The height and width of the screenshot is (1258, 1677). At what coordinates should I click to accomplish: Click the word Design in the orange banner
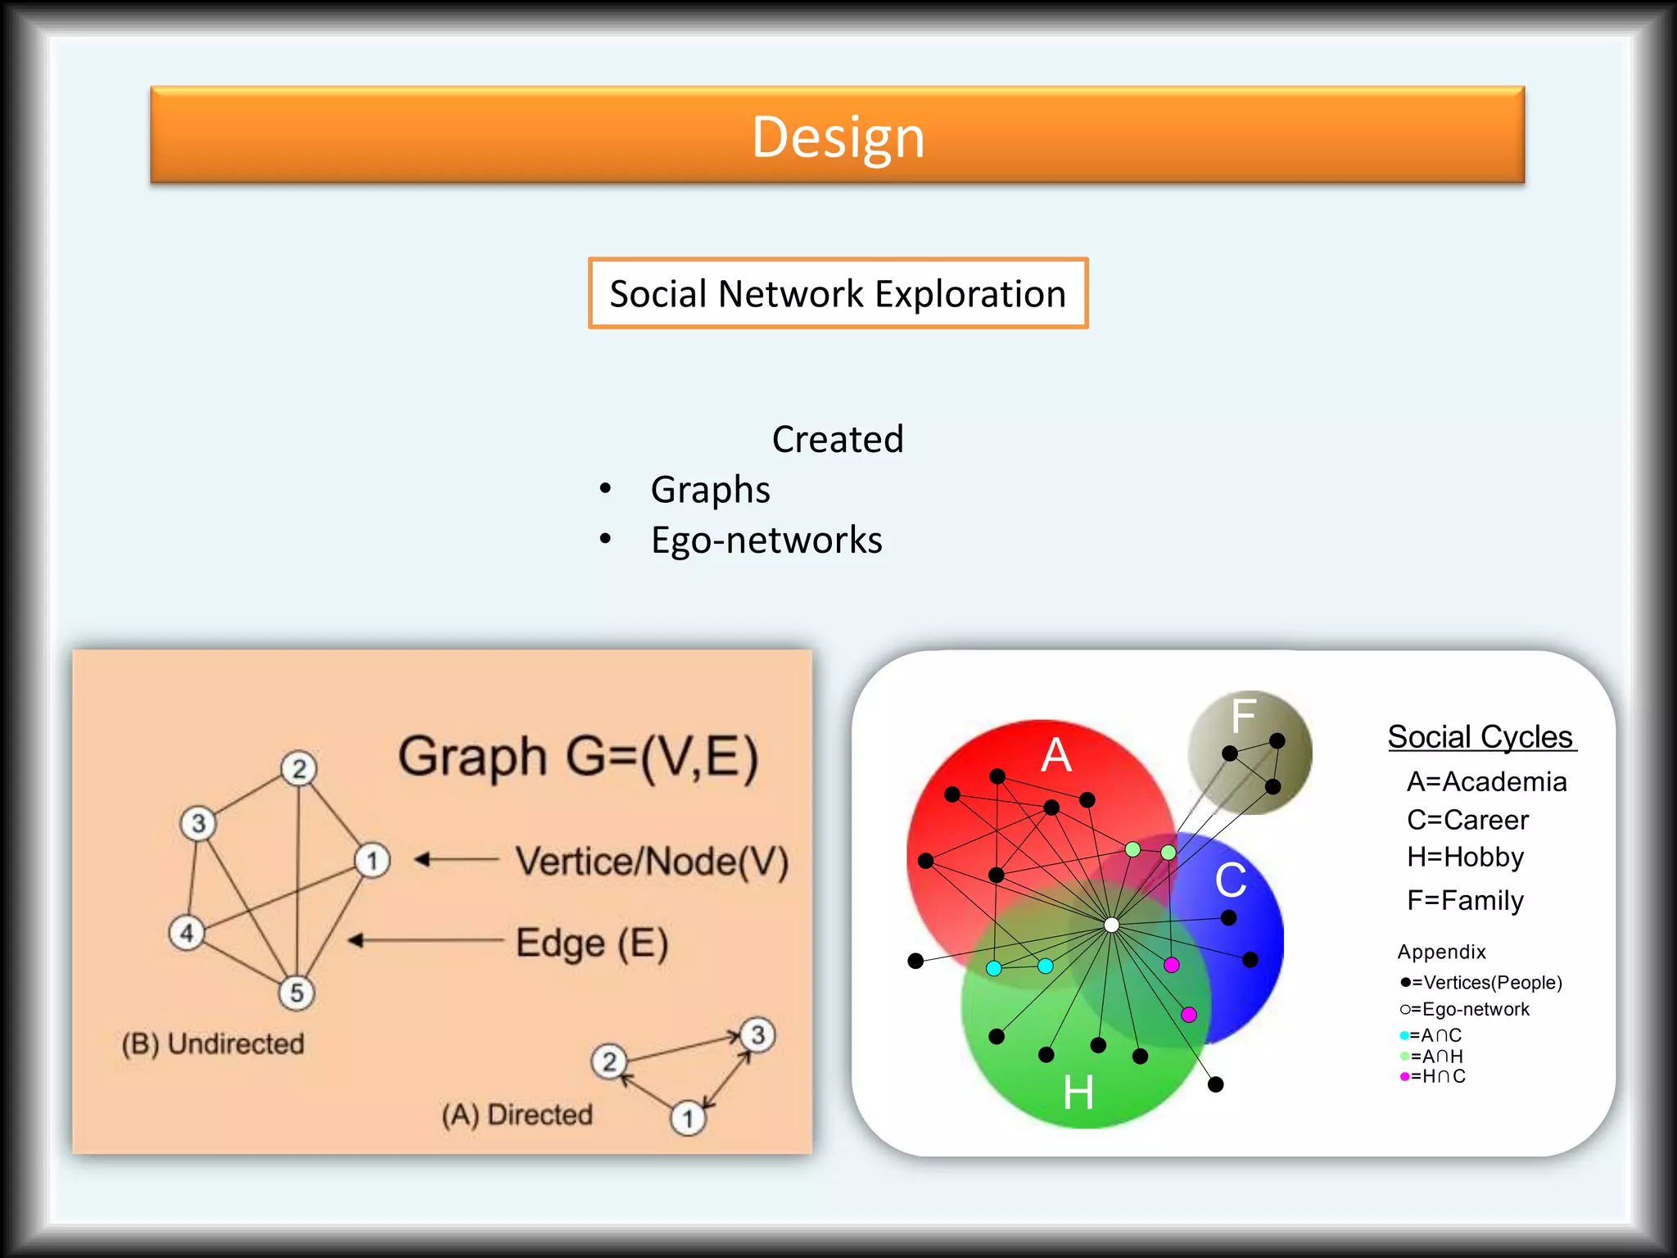[838, 137]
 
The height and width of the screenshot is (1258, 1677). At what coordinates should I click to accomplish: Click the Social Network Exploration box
[838, 293]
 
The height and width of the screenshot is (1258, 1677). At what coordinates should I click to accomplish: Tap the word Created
[838, 440]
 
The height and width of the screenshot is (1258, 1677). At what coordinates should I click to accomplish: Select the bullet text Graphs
[710, 490]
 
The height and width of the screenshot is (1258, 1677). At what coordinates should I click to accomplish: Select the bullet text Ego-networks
[766, 541]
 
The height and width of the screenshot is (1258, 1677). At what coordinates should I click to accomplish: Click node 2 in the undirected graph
[299, 768]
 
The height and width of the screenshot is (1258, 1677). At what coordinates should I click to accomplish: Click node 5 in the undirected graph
[296, 993]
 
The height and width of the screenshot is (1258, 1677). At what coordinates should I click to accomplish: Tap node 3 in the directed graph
[757, 1034]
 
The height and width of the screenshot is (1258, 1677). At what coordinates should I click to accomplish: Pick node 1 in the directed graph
[688, 1118]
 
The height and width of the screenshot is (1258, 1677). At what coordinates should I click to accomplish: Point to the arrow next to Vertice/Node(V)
[456, 859]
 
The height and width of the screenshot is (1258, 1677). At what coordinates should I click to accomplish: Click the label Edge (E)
[592, 943]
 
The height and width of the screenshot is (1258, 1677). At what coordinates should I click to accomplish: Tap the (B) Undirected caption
[213, 1043]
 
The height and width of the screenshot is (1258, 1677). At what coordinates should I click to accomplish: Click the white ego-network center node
[1111, 925]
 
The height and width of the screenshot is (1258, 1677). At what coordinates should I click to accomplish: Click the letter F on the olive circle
[1243, 715]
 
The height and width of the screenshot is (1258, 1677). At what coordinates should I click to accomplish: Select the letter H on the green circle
[1078, 1093]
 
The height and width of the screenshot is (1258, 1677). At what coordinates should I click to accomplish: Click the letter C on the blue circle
[1230, 880]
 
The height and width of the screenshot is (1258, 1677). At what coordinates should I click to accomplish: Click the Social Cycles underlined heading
[1480, 737]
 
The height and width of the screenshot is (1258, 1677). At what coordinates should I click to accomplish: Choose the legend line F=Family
[1465, 900]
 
